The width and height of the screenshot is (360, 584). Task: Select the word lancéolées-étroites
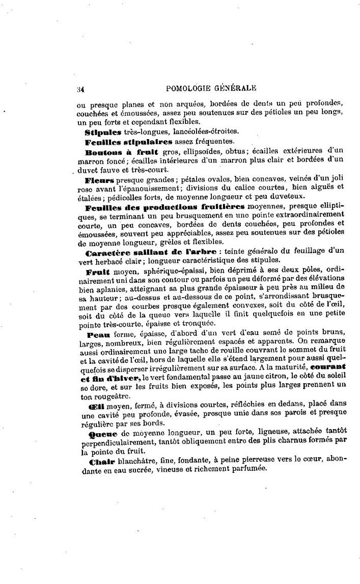click(x=186, y=132)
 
